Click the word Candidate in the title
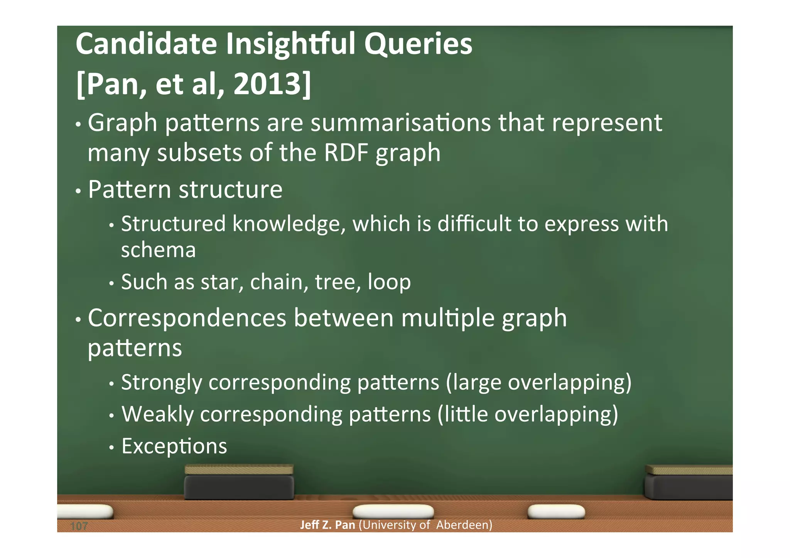point(146,44)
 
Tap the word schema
point(158,250)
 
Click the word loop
point(389,282)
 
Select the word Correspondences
point(187,318)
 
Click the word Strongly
point(162,383)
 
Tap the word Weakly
point(157,414)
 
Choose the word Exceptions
point(174,446)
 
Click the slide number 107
point(79,526)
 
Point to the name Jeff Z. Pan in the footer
point(327,525)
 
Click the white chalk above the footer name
point(393,511)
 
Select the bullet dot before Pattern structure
point(78,191)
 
